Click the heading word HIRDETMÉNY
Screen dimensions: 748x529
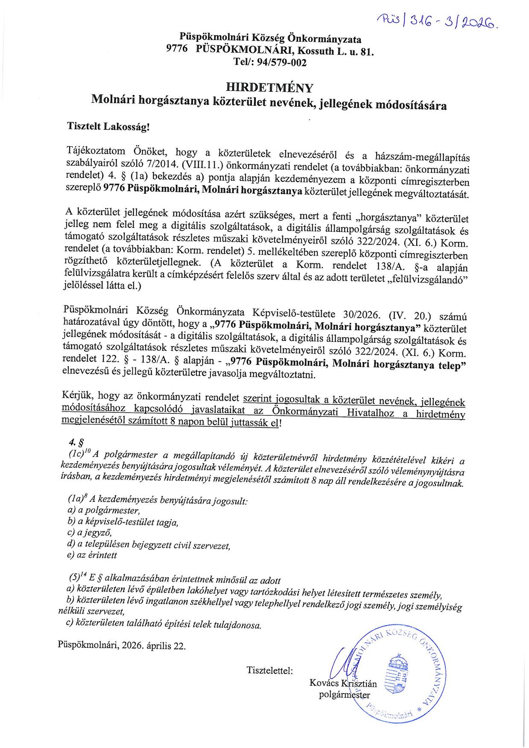click(x=269, y=87)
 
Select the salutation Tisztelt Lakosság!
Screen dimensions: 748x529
click(x=108, y=127)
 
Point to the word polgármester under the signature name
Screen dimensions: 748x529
click(x=345, y=695)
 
